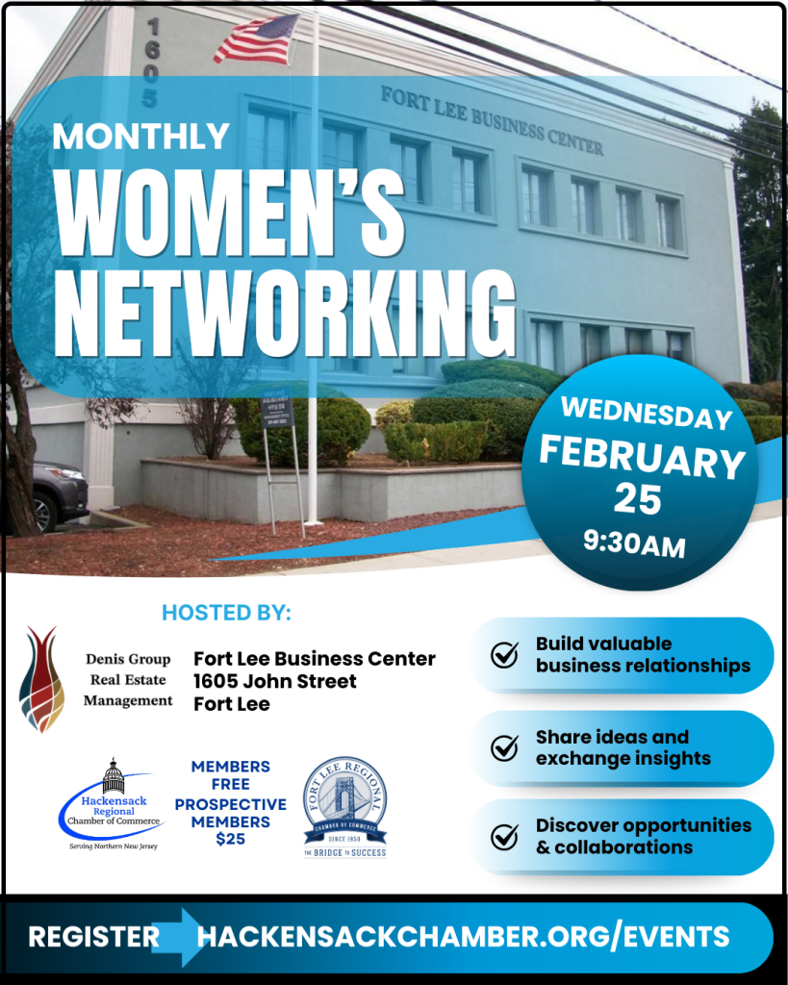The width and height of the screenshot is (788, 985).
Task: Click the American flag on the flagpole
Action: coord(258,40)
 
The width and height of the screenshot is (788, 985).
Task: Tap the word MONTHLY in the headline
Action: coord(141,136)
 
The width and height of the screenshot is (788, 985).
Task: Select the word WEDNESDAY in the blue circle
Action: coord(646,413)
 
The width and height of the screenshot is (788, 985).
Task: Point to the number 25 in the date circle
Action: coord(638,498)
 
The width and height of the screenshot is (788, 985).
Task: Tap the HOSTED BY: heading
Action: coord(226,613)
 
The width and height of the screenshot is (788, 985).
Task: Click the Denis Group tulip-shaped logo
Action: coord(41,679)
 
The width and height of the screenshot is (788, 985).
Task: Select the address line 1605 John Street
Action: coord(275,681)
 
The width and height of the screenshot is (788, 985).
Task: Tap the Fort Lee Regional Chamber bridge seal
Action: coord(344,806)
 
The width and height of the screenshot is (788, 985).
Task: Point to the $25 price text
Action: coord(230,839)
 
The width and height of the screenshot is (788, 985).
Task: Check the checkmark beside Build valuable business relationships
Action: coord(504,655)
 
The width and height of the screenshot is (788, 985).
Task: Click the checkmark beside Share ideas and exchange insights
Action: coord(504,748)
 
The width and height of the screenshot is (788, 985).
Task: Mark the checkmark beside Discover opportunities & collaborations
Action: coord(504,837)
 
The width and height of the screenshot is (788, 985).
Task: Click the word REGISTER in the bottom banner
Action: coord(93,937)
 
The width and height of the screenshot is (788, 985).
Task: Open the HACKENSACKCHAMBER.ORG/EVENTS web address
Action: coord(463,937)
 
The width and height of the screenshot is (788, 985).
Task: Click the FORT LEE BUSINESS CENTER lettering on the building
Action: coord(492,120)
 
